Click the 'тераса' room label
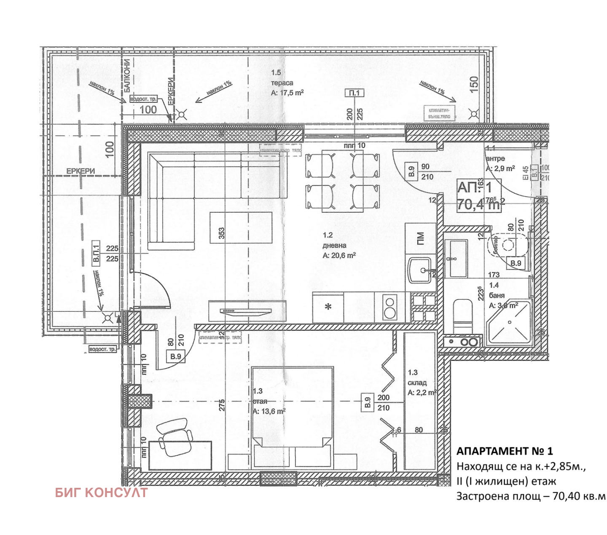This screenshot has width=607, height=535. pyautogui.click(x=282, y=83)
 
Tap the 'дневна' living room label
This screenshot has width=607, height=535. pyautogui.click(x=334, y=246)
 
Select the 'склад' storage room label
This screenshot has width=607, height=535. pyautogui.click(x=417, y=383)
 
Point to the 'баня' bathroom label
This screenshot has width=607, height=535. pyautogui.click(x=497, y=295)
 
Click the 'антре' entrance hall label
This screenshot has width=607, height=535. pyautogui.click(x=495, y=159)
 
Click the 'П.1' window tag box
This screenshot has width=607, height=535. pyautogui.click(x=354, y=93)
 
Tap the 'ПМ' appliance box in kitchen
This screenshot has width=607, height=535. pyautogui.click(x=420, y=239)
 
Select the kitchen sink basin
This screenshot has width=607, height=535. pyautogui.click(x=420, y=270)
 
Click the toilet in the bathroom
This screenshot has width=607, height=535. pyautogui.click(x=463, y=314)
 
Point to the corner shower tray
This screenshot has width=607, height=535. pyautogui.click(x=509, y=324)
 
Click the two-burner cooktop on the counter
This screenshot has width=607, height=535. pyautogui.click(x=389, y=308)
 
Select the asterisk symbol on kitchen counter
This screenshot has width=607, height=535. pyautogui.click(x=328, y=307)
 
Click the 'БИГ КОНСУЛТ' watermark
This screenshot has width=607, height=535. pyautogui.click(x=101, y=492)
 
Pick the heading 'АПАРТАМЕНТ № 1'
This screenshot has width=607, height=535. pyautogui.click(x=504, y=451)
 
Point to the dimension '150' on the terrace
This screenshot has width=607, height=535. pyautogui.click(x=474, y=85)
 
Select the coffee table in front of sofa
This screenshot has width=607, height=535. pyautogui.click(x=241, y=227)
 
